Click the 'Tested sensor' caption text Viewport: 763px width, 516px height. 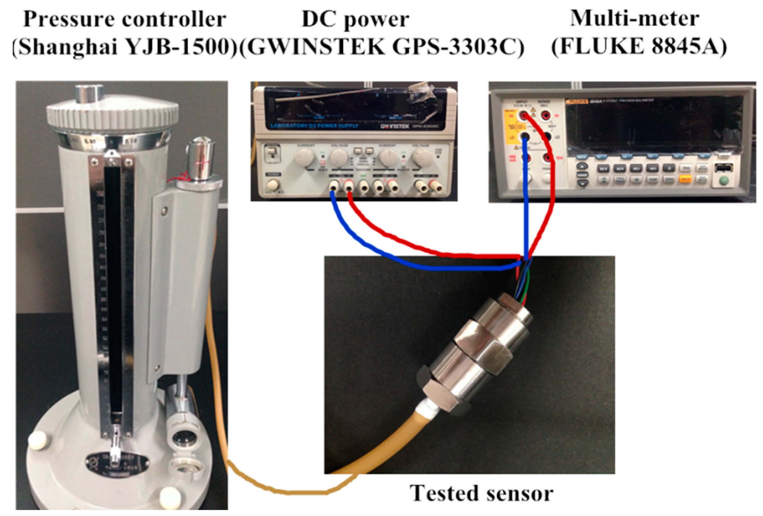481,493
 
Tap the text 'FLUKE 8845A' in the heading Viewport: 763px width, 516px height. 639,47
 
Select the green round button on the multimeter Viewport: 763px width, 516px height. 724,181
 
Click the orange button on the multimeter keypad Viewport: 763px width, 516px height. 685,180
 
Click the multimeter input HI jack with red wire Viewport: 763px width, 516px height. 525,116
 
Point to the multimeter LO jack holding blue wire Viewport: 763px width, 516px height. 525,138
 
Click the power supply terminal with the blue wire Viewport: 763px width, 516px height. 334,185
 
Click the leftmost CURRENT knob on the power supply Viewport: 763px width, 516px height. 304,159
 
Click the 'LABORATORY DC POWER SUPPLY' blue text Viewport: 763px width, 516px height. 314,126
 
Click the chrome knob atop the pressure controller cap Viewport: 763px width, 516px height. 89,94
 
